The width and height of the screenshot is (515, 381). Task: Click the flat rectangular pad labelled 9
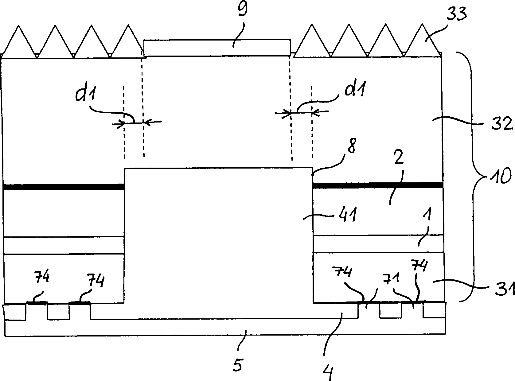coord(217,48)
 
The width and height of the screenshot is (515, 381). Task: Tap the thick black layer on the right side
coord(378,185)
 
